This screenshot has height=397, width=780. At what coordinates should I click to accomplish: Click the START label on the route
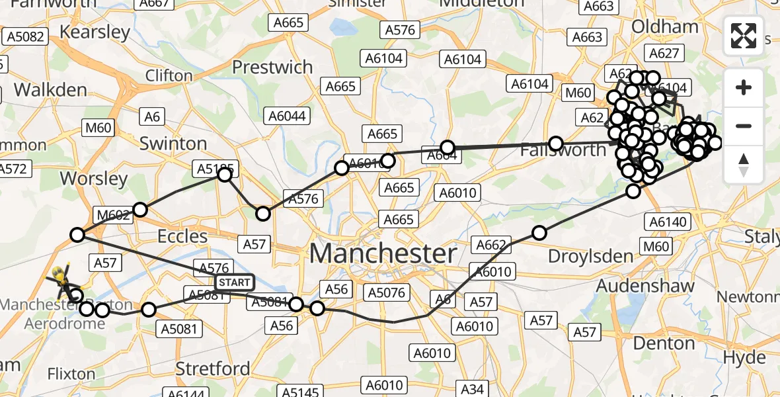235,283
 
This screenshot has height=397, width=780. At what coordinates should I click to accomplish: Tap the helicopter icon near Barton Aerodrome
61,282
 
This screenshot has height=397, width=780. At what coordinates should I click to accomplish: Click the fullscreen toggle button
744,36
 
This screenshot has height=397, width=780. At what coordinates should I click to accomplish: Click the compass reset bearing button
744,165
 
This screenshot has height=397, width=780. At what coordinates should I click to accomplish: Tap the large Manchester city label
383,253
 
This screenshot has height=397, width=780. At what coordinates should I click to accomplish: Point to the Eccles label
182,236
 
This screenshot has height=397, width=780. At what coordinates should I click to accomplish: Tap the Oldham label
665,27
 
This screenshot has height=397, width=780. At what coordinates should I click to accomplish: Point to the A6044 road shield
286,116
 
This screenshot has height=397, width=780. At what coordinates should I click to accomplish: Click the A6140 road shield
670,221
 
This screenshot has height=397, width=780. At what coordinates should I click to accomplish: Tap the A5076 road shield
387,292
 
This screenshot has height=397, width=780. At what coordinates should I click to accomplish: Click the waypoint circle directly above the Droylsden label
539,233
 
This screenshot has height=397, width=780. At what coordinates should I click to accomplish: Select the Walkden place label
50,89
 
